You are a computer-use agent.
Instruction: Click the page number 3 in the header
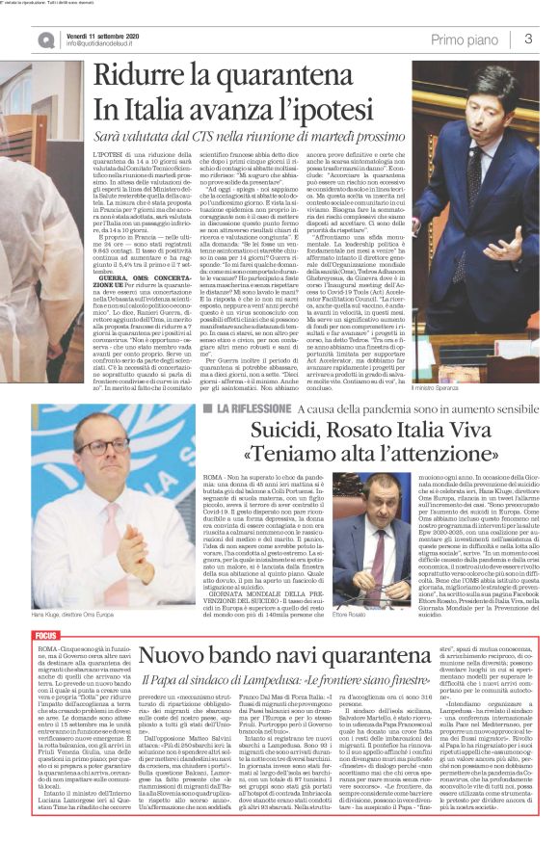[x=528, y=39]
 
